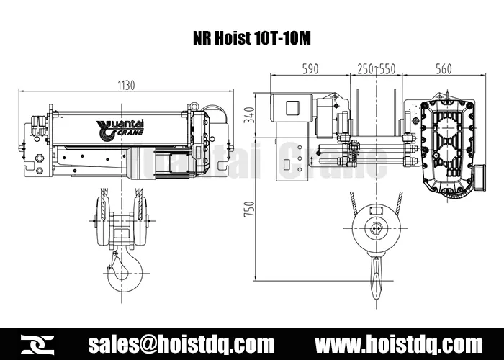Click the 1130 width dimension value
pos(126,85)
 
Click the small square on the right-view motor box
pos(293,108)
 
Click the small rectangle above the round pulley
pos(374,210)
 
